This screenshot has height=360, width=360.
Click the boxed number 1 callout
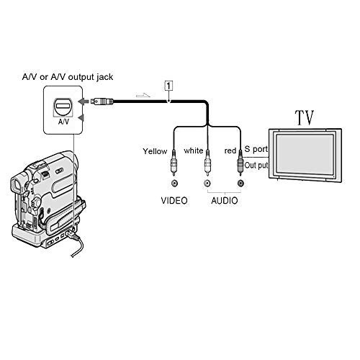click(168, 86)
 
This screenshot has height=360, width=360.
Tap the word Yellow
click(155, 151)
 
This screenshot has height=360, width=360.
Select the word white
click(194, 150)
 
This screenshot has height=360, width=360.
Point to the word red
click(230, 150)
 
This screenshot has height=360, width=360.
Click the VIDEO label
click(174, 201)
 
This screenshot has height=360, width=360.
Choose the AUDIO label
click(225, 201)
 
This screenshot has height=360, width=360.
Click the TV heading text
click(305, 117)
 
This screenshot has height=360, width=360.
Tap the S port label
click(256, 149)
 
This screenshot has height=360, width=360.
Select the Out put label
click(256, 166)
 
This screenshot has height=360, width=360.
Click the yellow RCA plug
click(174, 163)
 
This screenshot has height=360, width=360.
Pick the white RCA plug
click(207, 163)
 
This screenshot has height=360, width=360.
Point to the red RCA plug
click(240, 163)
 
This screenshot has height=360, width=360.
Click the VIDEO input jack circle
click(174, 184)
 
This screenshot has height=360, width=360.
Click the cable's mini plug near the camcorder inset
click(102, 102)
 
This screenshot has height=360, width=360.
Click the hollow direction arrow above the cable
click(143, 95)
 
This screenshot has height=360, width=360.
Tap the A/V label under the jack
click(63, 122)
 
